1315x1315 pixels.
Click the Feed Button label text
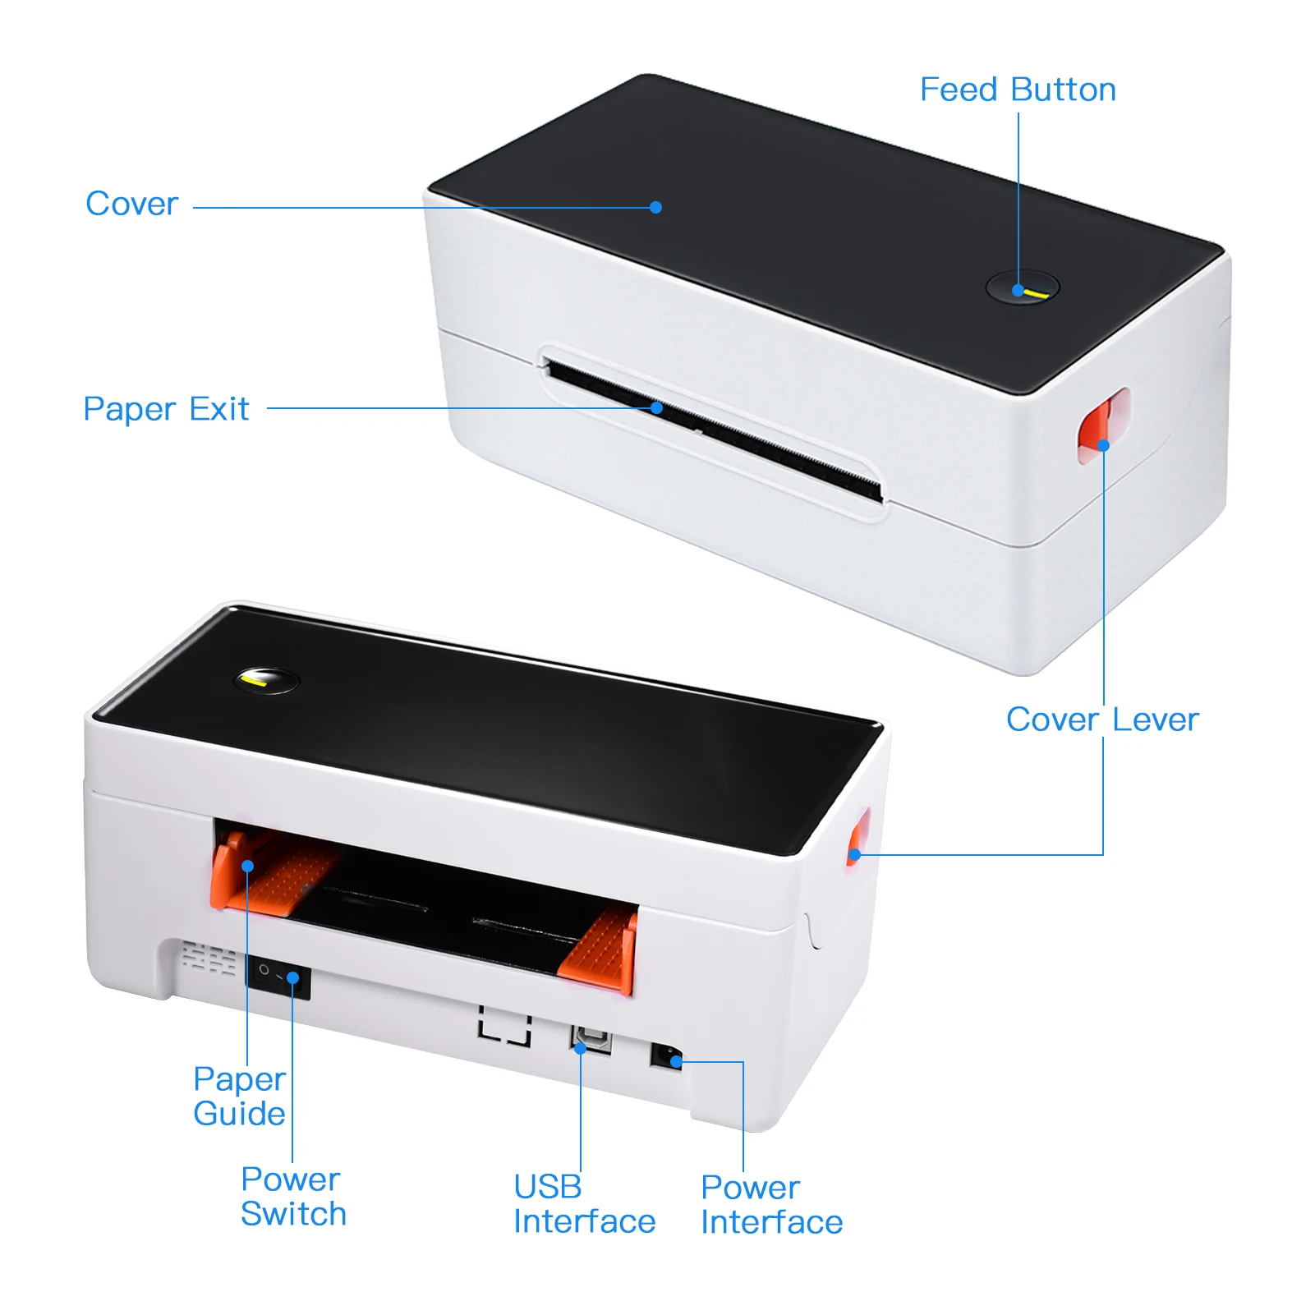(1018, 90)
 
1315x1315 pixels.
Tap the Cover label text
(131, 204)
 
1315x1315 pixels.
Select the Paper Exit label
(166, 409)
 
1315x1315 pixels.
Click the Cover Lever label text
(1102, 720)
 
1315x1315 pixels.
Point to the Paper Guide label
(239, 1096)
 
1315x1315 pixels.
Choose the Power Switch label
(293, 1196)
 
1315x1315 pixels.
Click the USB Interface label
(584, 1204)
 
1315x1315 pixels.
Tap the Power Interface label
(771, 1205)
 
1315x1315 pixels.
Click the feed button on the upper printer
(1023, 287)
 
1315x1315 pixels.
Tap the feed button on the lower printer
(266, 680)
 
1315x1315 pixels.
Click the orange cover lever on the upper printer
(1103, 425)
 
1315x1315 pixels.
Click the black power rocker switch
(278, 977)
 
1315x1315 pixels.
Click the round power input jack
(666, 1055)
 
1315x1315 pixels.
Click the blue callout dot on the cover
(655, 207)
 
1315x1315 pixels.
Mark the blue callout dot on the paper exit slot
(656, 407)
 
